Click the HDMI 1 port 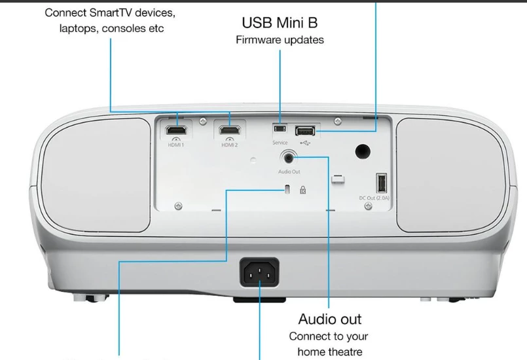point(175,130)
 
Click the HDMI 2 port point(230,130)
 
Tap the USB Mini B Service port point(280,129)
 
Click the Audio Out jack point(289,157)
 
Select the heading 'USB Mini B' point(280,23)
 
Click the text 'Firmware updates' point(280,40)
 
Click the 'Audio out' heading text point(329,319)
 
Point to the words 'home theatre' point(329,351)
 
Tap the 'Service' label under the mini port point(280,142)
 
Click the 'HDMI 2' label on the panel point(229,145)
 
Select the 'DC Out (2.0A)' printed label point(381,198)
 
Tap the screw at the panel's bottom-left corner point(178,206)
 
